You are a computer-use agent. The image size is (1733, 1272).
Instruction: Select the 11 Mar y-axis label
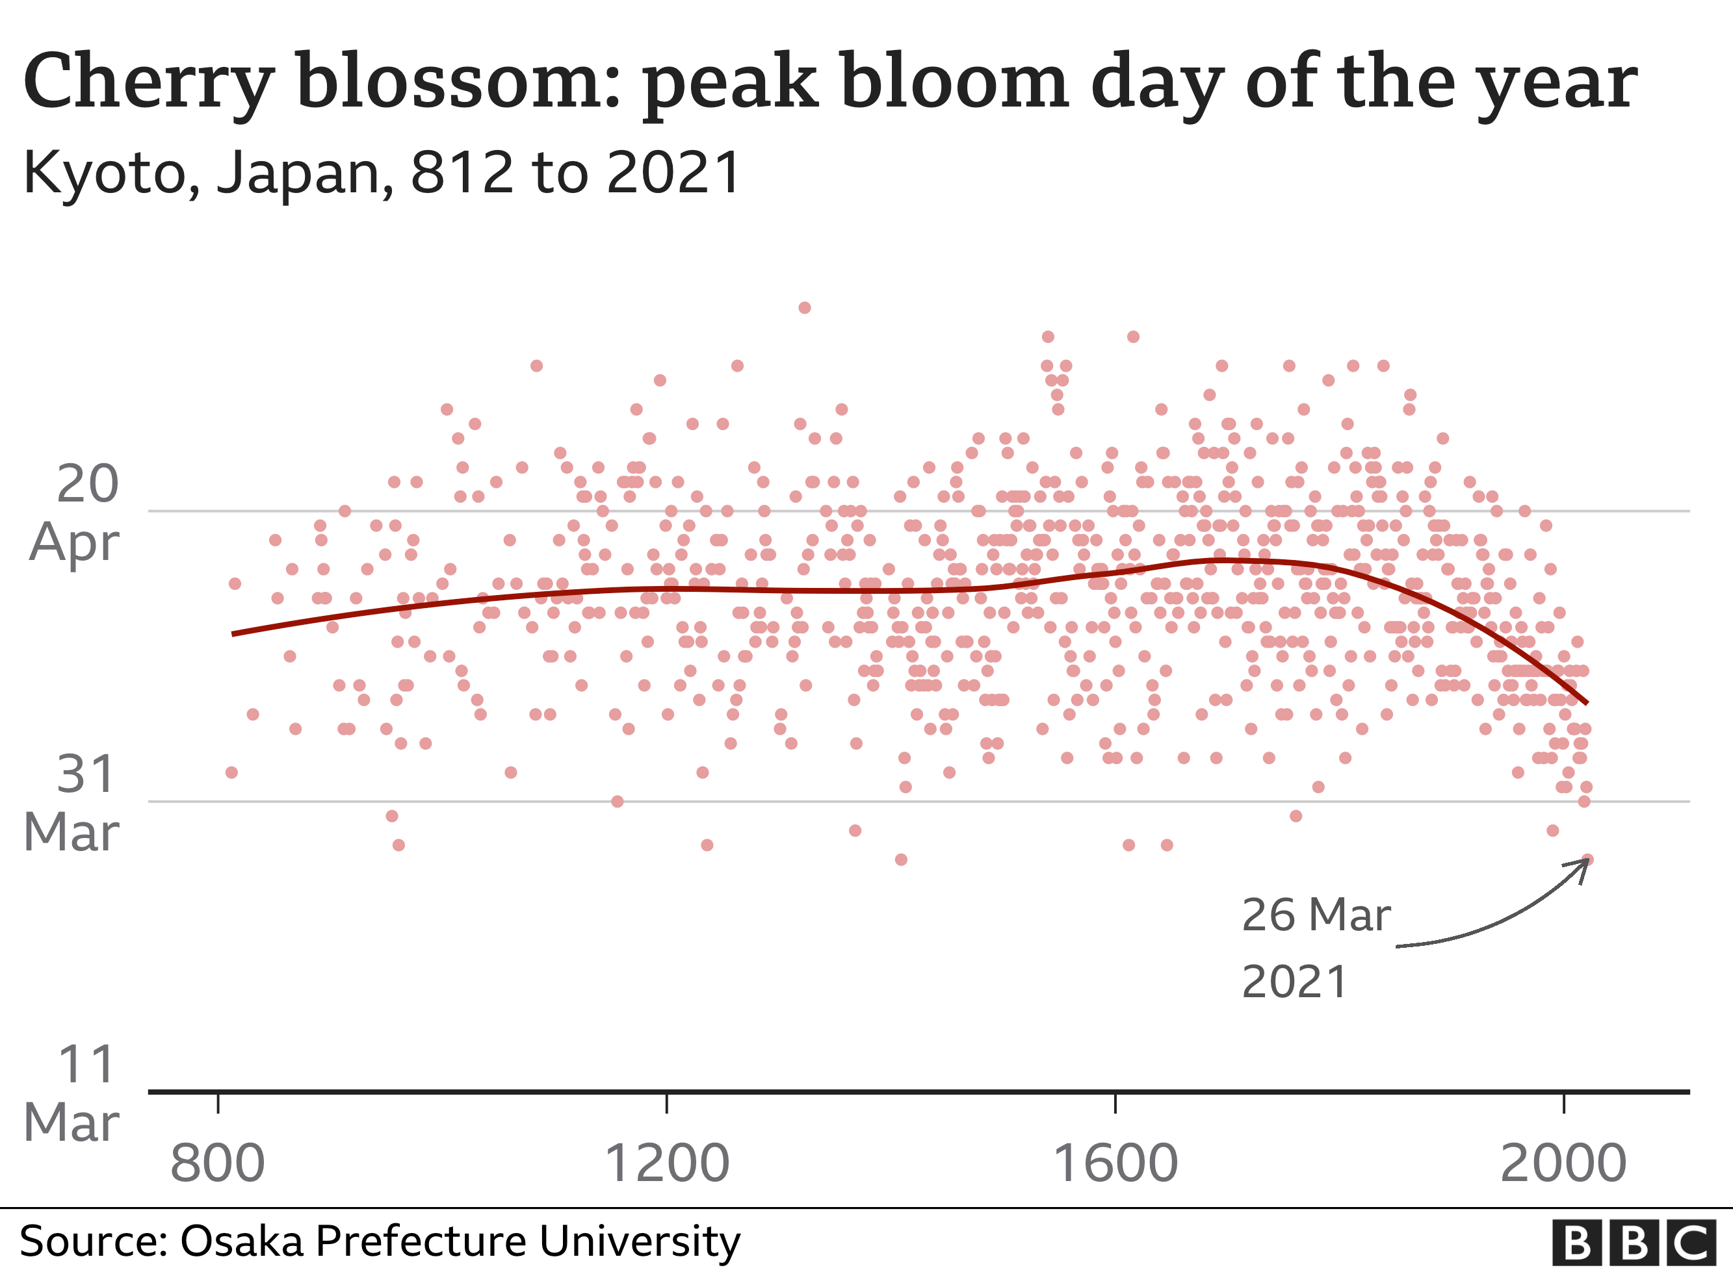point(74,1093)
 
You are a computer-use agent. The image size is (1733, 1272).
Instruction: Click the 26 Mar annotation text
point(1316,915)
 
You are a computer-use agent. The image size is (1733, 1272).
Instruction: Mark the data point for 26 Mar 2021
point(1587,859)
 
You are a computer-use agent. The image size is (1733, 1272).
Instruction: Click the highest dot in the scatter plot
point(804,308)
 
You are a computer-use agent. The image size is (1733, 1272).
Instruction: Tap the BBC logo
point(1634,1242)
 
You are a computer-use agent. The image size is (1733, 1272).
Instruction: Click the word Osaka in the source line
point(242,1241)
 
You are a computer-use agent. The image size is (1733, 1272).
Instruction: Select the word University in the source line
point(639,1241)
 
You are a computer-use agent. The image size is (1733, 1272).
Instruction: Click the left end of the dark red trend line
point(233,633)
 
